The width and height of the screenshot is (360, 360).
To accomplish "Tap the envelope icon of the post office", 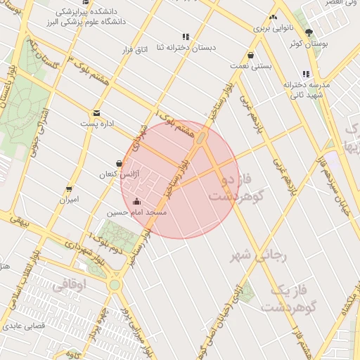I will click(x=96, y=112).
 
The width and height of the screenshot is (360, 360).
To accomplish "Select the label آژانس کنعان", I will click(x=117, y=173).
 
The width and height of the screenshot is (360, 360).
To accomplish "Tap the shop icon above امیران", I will click(x=69, y=188).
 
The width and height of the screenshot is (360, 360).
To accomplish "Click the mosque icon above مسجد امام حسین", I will click(x=136, y=202).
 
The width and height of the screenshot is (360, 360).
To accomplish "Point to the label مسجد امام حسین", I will click(x=136, y=212).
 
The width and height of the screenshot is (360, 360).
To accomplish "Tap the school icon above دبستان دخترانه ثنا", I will click(x=186, y=37).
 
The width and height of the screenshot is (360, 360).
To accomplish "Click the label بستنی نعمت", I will click(x=250, y=65).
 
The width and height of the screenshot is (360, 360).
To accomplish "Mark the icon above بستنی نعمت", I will click(x=250, y=56).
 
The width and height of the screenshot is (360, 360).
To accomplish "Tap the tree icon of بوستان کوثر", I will click(x=309, y=33).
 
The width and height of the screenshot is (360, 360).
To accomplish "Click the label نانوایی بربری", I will click(x=272, y=29).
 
